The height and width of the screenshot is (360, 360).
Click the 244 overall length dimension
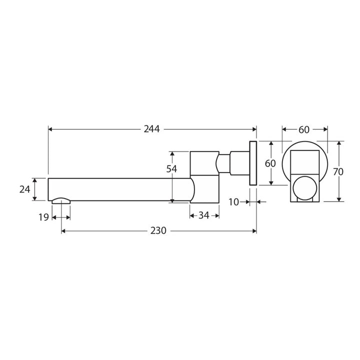(x=151, y=129)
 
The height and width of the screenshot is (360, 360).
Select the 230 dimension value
(x=158, y=230)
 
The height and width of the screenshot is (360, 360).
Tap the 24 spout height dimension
(x=25, y=189)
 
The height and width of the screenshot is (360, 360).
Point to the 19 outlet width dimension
(x=43, y=217)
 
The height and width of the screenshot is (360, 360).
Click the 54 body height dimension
(x=171, y=169)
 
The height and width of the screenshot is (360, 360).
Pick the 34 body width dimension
(x=204, y=215)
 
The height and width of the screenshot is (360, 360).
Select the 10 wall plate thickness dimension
(x=234, y=202)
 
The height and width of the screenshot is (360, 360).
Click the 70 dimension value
(x=338, y=171)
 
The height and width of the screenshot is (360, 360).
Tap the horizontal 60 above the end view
(x=304, y=129)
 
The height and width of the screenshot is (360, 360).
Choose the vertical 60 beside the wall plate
(x=270, y=163)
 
